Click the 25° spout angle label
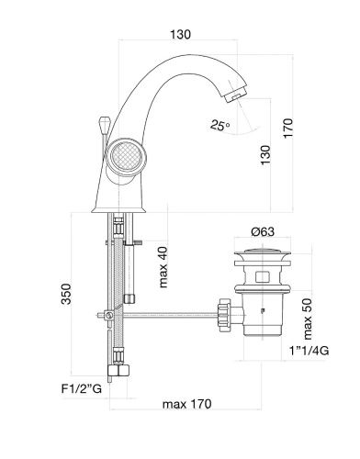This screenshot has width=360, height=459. (x=219, y=125)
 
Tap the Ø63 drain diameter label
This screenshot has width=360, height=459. (x=263, y=231)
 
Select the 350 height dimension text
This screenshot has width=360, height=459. (x=66, y=294)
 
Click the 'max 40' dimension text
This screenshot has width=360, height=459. (x=163, y=267)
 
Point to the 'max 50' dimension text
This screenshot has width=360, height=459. (x=307, y=319)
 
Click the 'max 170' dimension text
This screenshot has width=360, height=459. (x=186, y=404)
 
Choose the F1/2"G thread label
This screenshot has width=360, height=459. (x=82, y=389)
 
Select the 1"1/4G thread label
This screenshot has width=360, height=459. (x=309, y=351)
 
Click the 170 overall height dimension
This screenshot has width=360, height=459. (x=287, y=129)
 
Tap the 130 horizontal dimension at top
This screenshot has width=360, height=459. (x=180, y=35)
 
